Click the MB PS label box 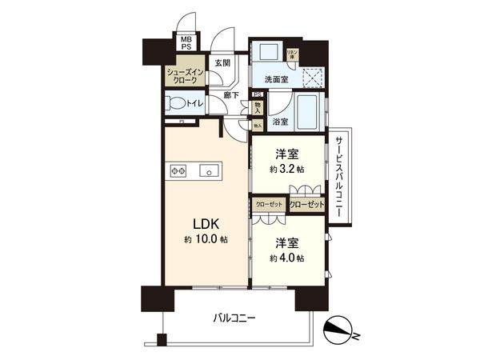(x=186, y=42)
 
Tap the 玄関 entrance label (x=222, y=62)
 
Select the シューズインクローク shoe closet (x=186, y=76)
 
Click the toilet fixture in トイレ (x=174, y=103)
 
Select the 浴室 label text (x=280, y=122)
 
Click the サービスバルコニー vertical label (x=340, y=176)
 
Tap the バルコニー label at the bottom (x=234, y=318)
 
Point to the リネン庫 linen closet (x=293, y=54)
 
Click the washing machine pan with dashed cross (x=313, y=77)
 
